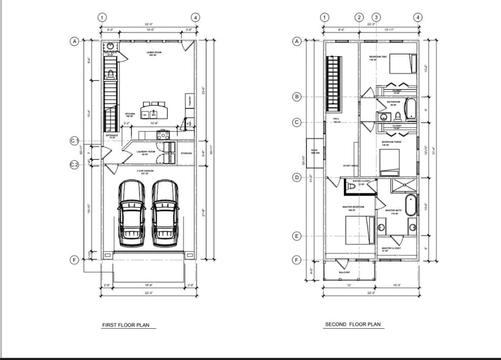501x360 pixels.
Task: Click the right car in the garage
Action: pyautogui.click(x=163, y=211)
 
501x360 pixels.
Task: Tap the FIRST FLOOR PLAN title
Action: pyautogui.click(x=125, y=326)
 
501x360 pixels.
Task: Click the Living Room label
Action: pyautogui.click(x=153, y=54)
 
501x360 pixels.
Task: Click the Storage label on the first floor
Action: pyautogui.click(x=186, y=153)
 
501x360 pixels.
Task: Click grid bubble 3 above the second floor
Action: pyautogui.click(x=376, y=17)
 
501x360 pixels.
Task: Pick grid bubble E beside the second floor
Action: pyautogui.click(x=297, y=236)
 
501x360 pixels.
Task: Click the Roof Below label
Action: pyautogui.click(x=315, y=151)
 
